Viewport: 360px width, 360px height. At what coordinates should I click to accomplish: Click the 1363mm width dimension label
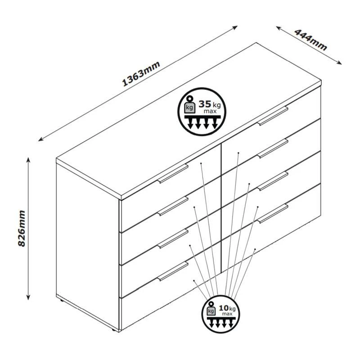[x=141, y=74]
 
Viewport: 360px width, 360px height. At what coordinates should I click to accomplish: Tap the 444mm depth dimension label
[x=310, y=40]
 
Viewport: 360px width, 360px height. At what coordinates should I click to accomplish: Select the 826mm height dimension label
[x=22, y=229]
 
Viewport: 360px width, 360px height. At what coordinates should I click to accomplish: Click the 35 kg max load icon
[x=202, y=112]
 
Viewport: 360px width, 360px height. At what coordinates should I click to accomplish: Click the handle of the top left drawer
[x=173, y=174]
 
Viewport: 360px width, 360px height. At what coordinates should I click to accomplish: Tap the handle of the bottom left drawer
[x=173, y=271]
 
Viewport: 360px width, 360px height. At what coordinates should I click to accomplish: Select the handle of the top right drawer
[x=273, y=116]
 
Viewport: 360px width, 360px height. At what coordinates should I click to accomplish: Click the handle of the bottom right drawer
[x=273, y=213]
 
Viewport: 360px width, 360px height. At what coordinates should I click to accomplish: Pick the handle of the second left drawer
[x=173, y=206]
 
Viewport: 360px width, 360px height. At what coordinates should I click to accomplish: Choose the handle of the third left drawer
[x=173, y=239]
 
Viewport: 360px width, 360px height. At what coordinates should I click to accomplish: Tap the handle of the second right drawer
[x=273, y=148]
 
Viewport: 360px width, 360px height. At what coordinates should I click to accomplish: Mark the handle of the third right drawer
[x=273, y=181]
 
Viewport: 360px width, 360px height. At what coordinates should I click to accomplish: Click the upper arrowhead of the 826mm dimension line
[x=28, y=160]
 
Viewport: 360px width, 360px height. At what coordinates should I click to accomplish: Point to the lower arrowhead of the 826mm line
[x=28, y=297]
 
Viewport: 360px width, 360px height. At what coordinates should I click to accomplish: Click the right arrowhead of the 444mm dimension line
[x=339, y=63]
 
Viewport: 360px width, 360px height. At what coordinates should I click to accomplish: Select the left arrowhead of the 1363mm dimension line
[x=41, y=139]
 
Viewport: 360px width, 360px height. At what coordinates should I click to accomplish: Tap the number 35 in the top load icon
[x=205, y=104]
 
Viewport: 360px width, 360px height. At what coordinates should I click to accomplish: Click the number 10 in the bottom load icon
[x=224, y=308]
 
